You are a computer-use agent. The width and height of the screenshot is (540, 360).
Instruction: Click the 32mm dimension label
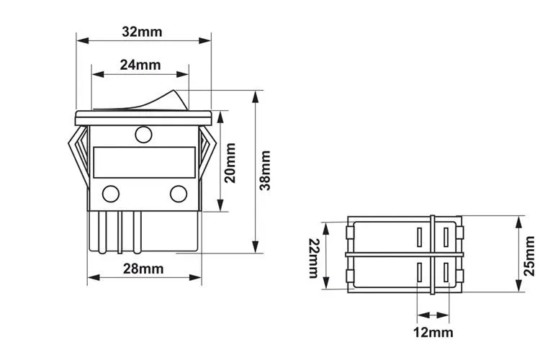pyautogui.click(x=142, y=32)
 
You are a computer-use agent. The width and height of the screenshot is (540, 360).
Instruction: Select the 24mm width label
pyautogui.click(x=140, y=65)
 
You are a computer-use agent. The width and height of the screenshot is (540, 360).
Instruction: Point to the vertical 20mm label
pyautogui.click(x=230, y=163)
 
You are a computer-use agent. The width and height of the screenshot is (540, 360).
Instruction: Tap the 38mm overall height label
pyautogui.click(x=266, y=170)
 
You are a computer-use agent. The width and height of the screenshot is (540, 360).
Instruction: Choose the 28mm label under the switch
pyautogui.click(x=143, y=269)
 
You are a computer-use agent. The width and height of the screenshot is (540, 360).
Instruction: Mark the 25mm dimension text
pyautogui.click(x=529, y=256)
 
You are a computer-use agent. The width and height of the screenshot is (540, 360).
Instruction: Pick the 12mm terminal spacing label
pyautogui.click(x=433, y=332)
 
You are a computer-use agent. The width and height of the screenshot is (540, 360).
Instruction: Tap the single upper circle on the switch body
pyautogui.click(x=143, y=133)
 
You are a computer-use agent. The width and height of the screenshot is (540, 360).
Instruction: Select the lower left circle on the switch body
pyautogui.click(x=111, y=193)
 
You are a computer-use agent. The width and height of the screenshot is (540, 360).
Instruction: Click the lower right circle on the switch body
pyautogui.click(x=178, y=193)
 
